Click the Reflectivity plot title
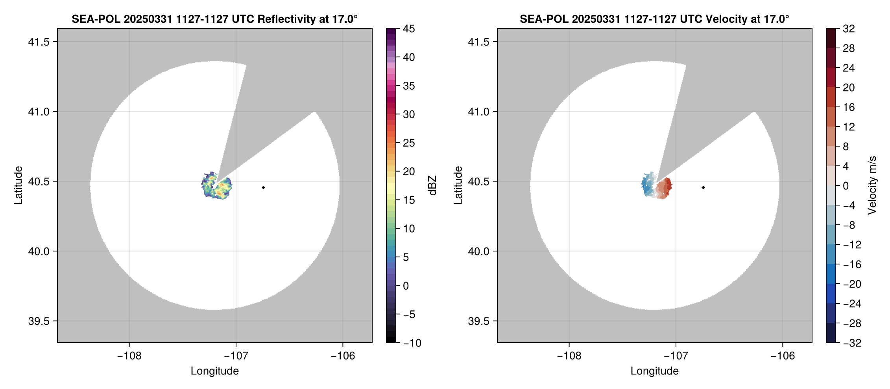click(x=214, y=19)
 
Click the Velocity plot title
click(x=654, y=19)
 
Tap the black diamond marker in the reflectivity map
click(x=263, y=187)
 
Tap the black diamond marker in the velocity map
click(x=703, y=187)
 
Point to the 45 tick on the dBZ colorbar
click(x=409, y=29)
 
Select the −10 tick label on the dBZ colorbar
click(x=412, y=343)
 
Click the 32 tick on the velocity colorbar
click(x=849, y=29)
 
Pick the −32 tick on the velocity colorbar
click(x=852, y=343)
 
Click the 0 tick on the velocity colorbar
click(x=846, y=186)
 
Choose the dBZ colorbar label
click(x=432, y=185)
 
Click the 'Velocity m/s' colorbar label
click(x=872, y=185)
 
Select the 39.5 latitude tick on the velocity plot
click(x=478, y=321)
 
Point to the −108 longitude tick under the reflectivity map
click(x=129, y=356)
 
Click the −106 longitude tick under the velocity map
click(x=783, y=356)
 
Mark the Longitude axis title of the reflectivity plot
click(x=215, y=371)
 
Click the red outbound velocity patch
click(x=665, y=188)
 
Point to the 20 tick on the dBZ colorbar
click(x=409, y=172)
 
